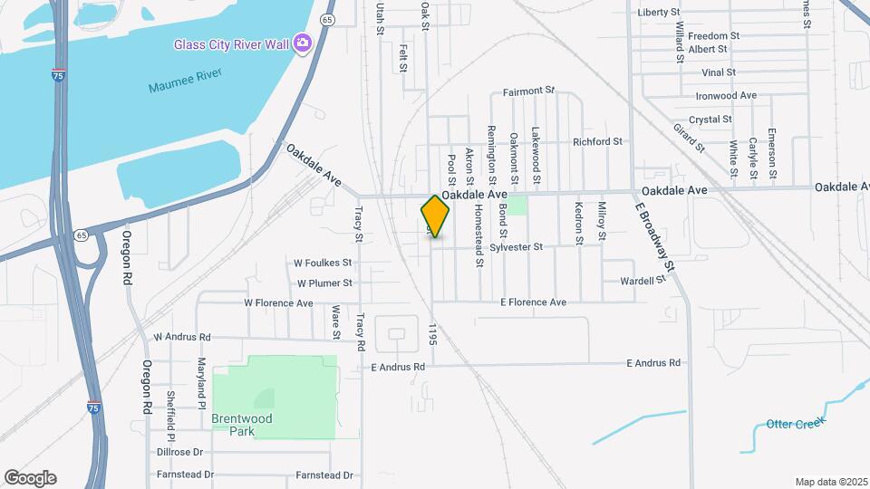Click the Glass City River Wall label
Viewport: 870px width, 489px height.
point(232,43)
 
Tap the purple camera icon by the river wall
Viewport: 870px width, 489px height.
point(303,43)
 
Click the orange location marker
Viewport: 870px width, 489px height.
point(436,216)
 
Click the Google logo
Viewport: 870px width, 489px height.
point(30,477)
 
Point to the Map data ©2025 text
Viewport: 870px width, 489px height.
point(830,482)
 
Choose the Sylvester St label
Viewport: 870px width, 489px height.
point(516,246)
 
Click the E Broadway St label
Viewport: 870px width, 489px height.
point(655,237)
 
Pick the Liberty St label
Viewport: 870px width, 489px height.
point(659,12)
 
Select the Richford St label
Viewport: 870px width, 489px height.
point(597,141)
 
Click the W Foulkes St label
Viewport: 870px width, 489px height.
point(322,263)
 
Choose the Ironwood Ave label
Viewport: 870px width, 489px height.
point(726,95)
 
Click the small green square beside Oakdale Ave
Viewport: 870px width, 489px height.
point(516,205)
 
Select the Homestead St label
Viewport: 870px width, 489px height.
point(479,234)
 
